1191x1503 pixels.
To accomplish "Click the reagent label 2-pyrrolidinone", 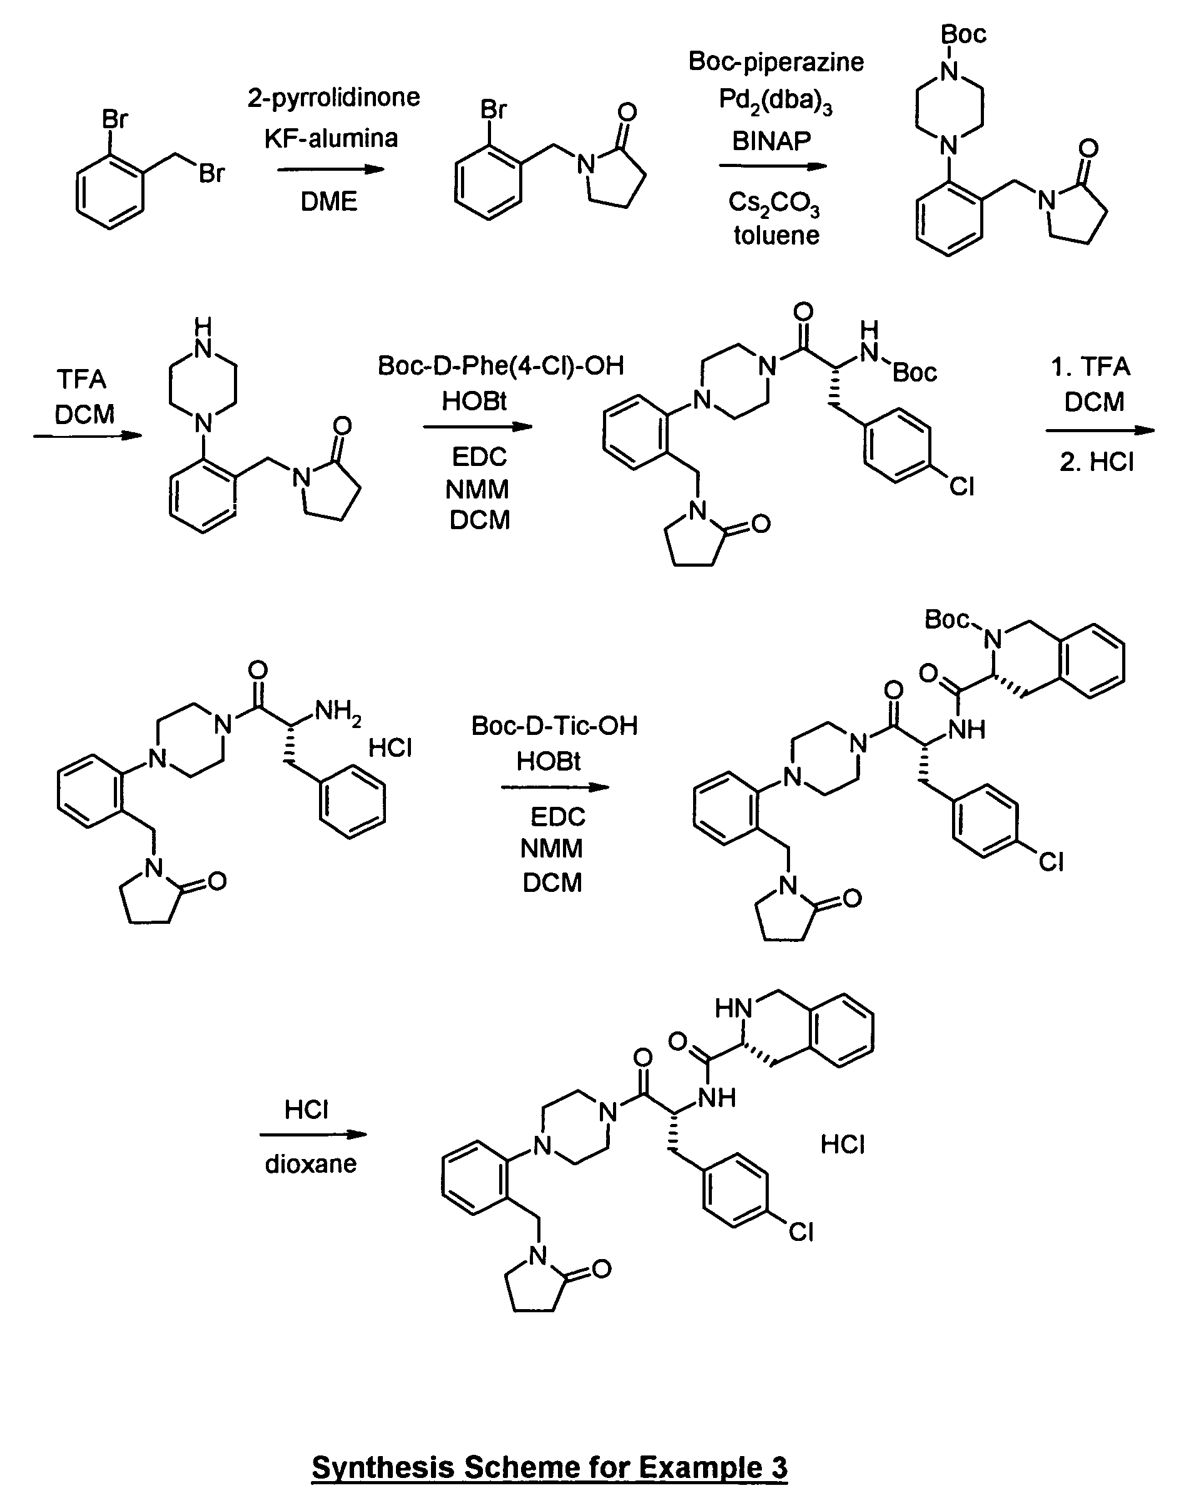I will (x=333, y=98).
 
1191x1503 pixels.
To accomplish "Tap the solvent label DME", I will (x=329, y=202).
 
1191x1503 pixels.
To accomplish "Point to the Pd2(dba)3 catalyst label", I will (x=776, y=102).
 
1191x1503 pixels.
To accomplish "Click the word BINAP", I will (x=771, y=141).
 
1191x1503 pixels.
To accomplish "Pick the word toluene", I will (x=776, y=236).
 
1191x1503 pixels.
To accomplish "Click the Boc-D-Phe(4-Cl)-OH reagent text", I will (x=500, y=366).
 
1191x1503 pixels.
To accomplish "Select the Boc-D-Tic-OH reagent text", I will (x=554, y=726).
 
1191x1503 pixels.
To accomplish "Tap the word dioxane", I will (x=310, y=1163).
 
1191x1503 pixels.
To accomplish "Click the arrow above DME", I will (x=330, y=170).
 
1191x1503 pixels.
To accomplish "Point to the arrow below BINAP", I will (x=773, y=166).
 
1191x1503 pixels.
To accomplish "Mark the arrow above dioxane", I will (x=313, y=1134).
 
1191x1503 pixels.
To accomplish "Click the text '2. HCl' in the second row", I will (x=1097, y=462).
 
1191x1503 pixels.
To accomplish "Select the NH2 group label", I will (x=338, y=712).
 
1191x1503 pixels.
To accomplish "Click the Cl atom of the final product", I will (x=801, y=1233).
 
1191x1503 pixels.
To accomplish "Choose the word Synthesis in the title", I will (x=383, y=1467).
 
